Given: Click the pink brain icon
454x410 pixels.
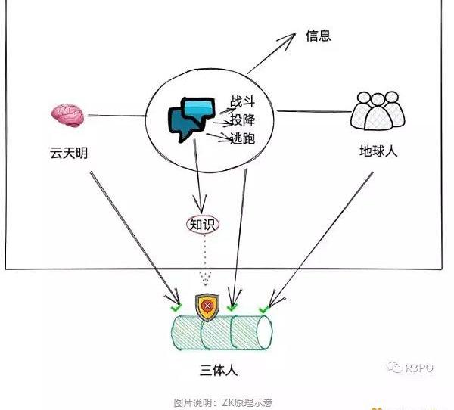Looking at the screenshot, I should (x=67, y=115).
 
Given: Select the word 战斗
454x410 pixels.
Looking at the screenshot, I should (x=243, y=101).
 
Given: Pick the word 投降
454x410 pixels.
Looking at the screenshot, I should (x=243, y=120).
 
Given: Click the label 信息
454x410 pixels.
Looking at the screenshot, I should (x=319, y=36).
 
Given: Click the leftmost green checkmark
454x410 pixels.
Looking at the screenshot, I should (x=176, y=308).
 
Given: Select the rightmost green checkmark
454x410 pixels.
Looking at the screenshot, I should (x=263, y=309).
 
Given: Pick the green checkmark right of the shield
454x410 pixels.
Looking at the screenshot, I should (x=232, y=307).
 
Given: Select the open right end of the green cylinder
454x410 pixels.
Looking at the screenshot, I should (x=266, y=333).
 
